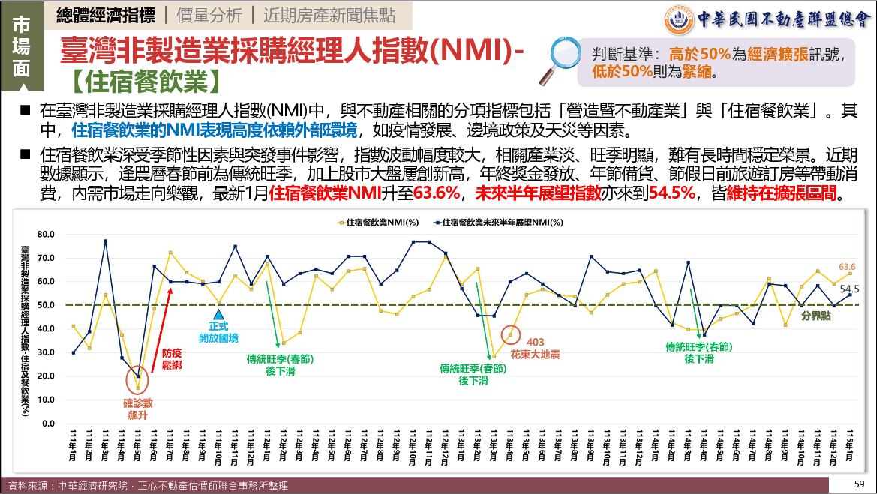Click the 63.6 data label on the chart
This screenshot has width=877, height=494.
click(847, 266)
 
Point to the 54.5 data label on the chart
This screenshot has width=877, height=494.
click(849, 289)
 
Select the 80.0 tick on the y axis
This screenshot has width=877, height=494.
click(47, 235)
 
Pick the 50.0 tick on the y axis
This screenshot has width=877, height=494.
click(47, 305)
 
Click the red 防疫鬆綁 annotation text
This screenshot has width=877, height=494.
click(172, 358)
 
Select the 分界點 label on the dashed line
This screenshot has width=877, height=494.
click(815, 316)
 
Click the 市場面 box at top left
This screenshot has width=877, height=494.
click(22, 46)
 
